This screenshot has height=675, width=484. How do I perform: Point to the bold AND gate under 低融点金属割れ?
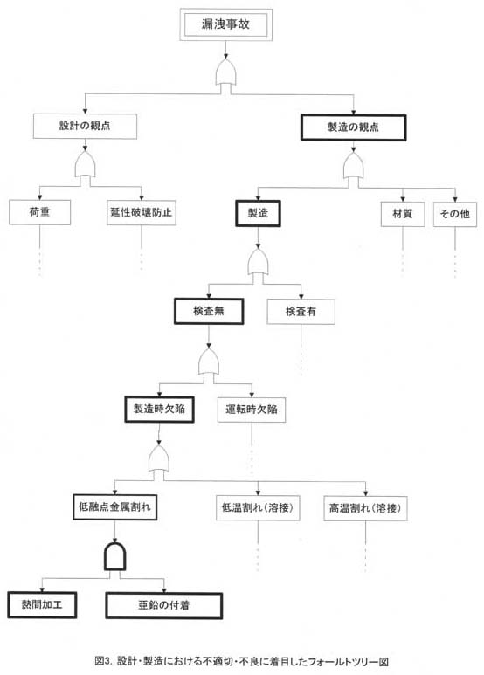tap(115, 555)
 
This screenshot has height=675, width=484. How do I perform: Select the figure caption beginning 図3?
tap(242, 661)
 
